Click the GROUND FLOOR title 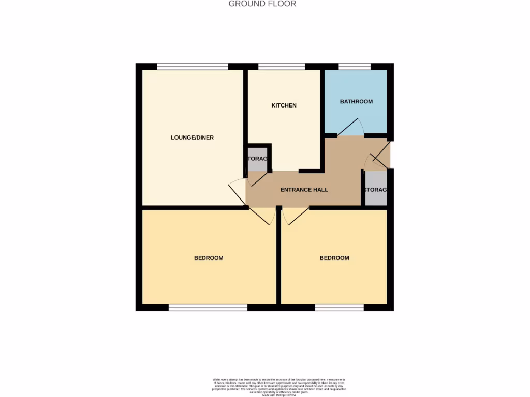point(262,4)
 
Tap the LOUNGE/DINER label point(192,138)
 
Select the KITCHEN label point(284,105)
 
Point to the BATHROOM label point(356,102)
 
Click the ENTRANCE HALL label point(304,190)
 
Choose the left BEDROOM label point(209,258)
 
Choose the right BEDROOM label point(334,258)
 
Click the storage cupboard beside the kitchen point(257,159)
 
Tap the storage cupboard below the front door point(376,190)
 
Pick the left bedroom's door point(263,216)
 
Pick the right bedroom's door point(295,216)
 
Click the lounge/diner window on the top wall point(193,66)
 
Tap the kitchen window point(282,66)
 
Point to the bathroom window point(355,66)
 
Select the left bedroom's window point(208,308)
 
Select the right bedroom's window point(340,308)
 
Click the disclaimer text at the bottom point(279,386)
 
